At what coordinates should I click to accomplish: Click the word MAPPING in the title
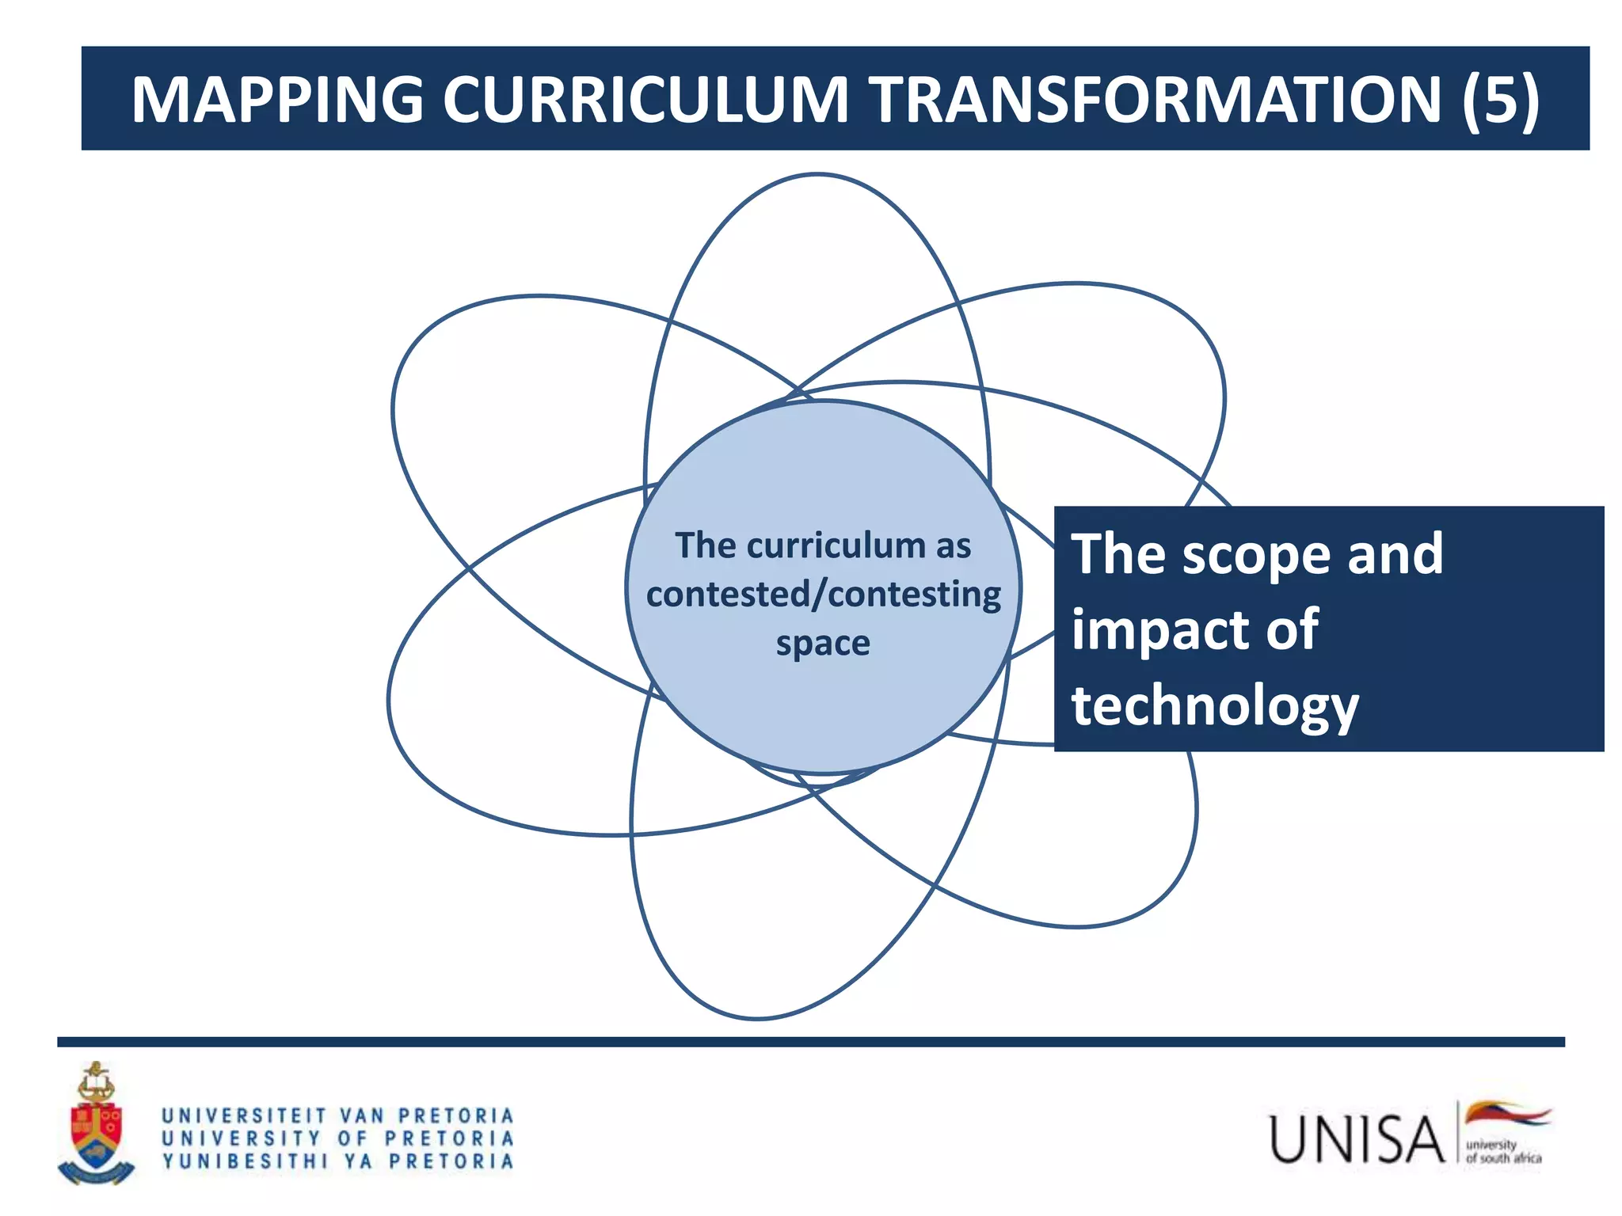coord(277,100)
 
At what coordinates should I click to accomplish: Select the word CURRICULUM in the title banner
coord(645,100)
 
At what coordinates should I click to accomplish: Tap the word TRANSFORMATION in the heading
coord(1156,100)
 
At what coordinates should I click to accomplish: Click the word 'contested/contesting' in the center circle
coord(823,595)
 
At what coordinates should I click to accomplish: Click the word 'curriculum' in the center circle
coord(836,545)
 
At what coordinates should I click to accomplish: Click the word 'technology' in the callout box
coord(1215,706)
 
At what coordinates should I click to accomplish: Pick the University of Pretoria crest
coord(96,1124)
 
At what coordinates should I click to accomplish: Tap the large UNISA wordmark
coord(1357,1139)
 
